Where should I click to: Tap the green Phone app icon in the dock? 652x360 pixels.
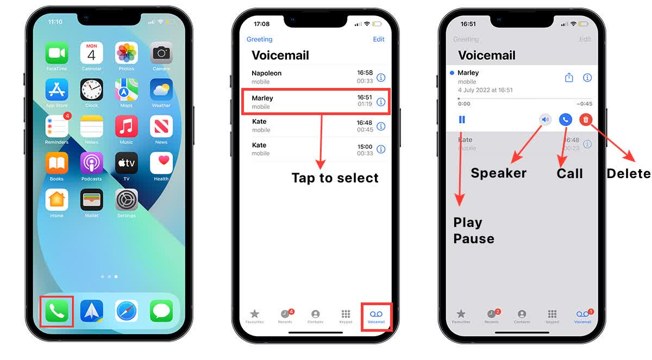[x=57, y=311]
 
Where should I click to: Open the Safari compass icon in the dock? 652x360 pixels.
[x=126, y=311]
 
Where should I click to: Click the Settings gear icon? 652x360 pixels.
[x=126, y=200]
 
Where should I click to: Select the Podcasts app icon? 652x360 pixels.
[x=91, y=163]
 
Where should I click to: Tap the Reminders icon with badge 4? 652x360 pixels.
[x=57, y=127]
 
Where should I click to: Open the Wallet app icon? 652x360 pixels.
[x=91, y=200]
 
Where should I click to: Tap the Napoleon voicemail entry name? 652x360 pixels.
[x=266, y=73]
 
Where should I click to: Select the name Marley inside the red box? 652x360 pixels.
[x=262, y=98]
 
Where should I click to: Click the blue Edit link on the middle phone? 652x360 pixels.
[x=379, y=39]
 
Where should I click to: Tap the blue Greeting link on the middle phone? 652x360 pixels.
[x=260, y=39]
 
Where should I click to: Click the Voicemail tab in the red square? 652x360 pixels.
[x=376, y=315]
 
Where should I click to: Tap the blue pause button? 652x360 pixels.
[x=462, y=120]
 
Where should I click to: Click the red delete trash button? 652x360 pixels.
[x=586, y=120]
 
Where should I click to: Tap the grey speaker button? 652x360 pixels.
[x=545, y=120]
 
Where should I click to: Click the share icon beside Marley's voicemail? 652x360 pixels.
[x=569, y=78]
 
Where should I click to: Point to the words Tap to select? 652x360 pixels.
[x=335, y=178]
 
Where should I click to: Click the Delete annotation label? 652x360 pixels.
[x=628, y=173]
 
